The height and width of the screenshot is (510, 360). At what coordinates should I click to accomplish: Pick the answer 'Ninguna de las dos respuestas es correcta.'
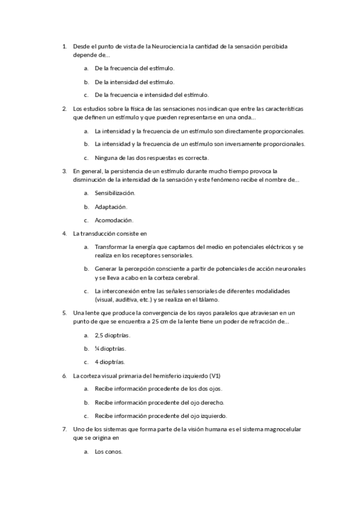[x=151, y=158]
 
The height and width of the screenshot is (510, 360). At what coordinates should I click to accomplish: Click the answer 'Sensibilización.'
[x=115, y=193]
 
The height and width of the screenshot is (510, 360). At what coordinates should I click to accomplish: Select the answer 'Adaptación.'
[x=111, y=206]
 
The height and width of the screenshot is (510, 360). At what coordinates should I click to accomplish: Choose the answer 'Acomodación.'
[x=114, y=220]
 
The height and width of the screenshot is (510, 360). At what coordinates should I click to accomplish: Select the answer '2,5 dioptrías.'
[x=113, y=335]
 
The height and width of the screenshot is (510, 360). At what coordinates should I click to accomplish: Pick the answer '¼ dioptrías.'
[x=110, y=349]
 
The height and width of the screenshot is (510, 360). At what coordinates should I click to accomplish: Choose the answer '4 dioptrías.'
[x=110, y=362]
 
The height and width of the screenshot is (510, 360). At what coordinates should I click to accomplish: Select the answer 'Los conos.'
[x=109, y=452]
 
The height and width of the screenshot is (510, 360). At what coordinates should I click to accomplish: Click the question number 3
[x=64, y=171]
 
